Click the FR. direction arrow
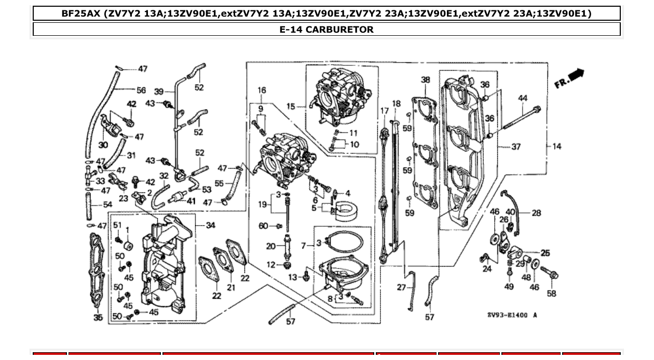[x=570, y=79]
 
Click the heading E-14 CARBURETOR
[x=326, y=30]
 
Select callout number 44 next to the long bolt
[x=523, y=98]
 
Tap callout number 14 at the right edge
[x=556, y=147]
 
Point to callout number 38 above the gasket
[x=426, y=80]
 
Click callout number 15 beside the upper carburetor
[x=291, y=106]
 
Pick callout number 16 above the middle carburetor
[x=261, y=90]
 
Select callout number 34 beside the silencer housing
[x=210, y=225]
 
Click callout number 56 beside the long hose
[x=141, y=90]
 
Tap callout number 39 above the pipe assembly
[x=159, y=92]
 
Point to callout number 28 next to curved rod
[x=537, y=213]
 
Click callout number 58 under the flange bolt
[x=551, y=294]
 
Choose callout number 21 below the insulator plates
[x=231, y=287]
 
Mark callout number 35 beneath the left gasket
[x=98, y=317]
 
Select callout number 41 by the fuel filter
[x=191, y=201]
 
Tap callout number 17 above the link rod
[x=385, y=110]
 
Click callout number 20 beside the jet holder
[x=271, y=246]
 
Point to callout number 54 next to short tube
[x=107, y=205]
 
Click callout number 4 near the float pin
[x=348, y=193]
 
